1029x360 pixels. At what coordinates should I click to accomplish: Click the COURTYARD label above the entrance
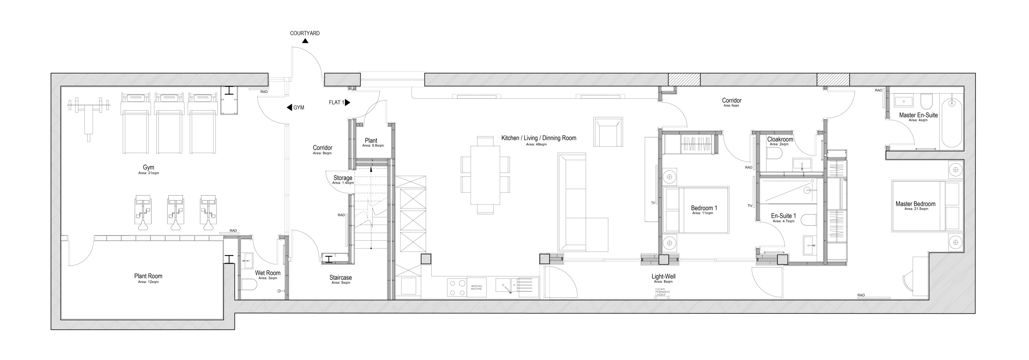coord(305,33)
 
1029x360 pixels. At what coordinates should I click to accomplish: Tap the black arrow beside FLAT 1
coord(348,102)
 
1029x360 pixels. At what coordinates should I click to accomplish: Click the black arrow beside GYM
coord(289,108)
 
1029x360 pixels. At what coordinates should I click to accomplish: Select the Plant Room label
coord(148,276)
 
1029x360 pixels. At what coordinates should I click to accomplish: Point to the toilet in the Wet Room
coord(249,285)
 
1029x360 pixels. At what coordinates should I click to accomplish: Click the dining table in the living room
coord(485,175)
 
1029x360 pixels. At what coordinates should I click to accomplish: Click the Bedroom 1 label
coord(704,208)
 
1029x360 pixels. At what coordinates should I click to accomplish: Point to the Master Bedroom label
coord(915,204)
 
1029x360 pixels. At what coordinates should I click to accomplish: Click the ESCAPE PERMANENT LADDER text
coord(663,292)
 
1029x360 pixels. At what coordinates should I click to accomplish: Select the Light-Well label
coord(664,276)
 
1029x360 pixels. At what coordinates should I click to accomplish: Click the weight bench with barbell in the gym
coord(89,117)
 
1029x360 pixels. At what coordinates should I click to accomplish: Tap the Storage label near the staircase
coord(343,178)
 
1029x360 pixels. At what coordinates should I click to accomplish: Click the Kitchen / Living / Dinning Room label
coord(539,138)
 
